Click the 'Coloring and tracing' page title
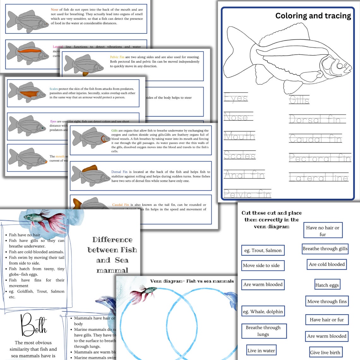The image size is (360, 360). point(313,16)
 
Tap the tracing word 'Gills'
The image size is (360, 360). point(299,100)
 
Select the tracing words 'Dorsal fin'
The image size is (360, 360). point(316,119)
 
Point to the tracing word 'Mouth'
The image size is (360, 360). point(239,136)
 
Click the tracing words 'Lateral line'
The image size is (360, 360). point(319,177)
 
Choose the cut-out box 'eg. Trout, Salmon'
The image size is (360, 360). point(263,250)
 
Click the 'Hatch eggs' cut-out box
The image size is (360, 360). point(327,285)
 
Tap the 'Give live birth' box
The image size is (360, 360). point(325,352)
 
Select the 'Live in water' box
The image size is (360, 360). point(261,351)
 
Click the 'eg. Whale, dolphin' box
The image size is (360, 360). point(263,311)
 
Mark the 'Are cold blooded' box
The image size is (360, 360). point(327,264)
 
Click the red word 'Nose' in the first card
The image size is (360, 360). point(54,9)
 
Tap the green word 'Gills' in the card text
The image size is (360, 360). point(114,130)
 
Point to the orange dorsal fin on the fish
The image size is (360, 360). point(90,168)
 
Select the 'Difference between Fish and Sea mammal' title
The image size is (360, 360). point(112,255)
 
